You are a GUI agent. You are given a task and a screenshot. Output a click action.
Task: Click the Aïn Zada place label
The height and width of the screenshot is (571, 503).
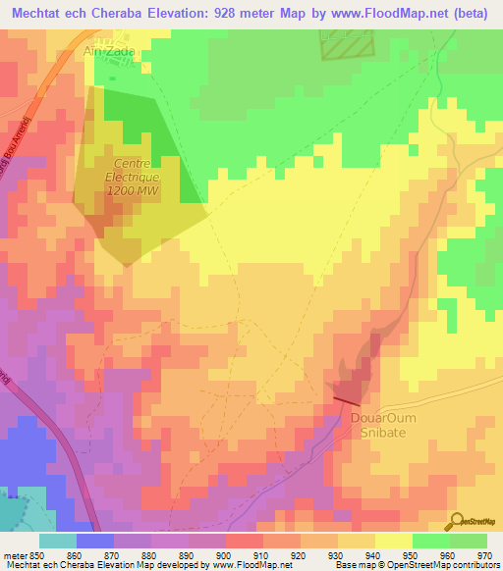coord(110,51)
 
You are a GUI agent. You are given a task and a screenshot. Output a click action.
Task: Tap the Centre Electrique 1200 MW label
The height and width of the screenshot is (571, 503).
coord(138,179)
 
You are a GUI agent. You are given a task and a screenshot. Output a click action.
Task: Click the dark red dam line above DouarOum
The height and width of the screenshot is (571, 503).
coord(347,398)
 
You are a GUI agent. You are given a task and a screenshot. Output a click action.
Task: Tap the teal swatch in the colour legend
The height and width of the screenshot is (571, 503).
coord(58,540)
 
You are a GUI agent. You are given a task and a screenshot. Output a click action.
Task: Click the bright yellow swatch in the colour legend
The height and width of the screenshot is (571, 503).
coord(394,540)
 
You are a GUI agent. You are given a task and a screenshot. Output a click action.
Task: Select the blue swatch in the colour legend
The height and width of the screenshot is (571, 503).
coord(95,540)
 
